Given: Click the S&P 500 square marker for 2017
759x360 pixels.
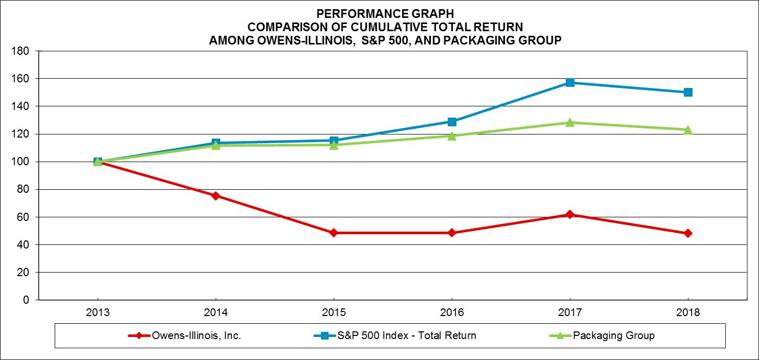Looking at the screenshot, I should pyautogui.click(x=570, y=82).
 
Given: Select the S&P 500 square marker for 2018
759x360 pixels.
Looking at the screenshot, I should pyautogui.click(x=688, y=92).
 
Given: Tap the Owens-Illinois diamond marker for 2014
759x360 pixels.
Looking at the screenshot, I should pyautogui.click(x=216, y=196).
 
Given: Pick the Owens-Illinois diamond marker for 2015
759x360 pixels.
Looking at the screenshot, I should pyautogui.click(x=334, y=233).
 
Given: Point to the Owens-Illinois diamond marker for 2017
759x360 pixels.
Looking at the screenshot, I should pyautogui.click(x=570, y=215).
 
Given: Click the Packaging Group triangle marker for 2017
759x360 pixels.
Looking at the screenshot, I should pyautogui.click(x=570, y=122).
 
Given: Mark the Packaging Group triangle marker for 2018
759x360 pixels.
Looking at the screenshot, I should pyautogui.click(x=688, y=129).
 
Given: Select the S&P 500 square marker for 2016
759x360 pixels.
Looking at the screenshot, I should pyautogui.click(x=452, y=122).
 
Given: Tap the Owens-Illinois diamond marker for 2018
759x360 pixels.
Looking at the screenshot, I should pyautogui.click(x=688, y=233).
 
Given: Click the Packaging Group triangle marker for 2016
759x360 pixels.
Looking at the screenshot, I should pyautogui.click(x=452, y=136).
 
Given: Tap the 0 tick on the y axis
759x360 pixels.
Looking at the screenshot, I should pyautogui.click(x=27, y=300).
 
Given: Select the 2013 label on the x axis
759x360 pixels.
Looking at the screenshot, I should pyautogui.click(x=98, y=312).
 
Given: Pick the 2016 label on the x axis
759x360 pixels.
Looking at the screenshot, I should pyautogui.click(x=452, y=312).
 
